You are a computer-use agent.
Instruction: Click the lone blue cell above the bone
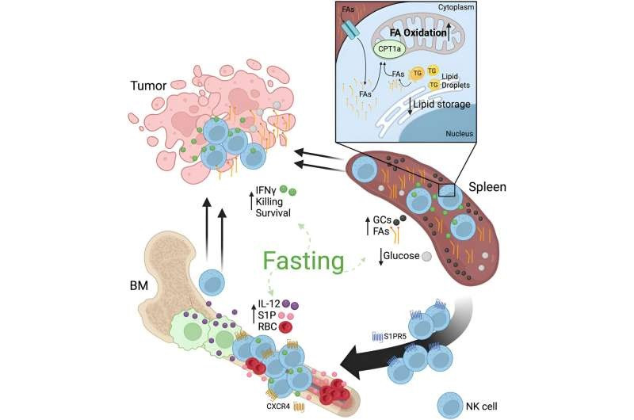pos(212,284)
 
